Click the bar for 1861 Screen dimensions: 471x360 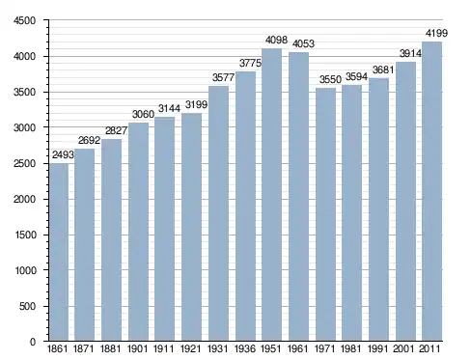pos(59,252)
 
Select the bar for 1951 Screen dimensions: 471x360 pos(272,195)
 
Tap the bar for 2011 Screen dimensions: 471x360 pos(432,191)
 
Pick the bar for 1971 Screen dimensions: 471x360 pos(325,214)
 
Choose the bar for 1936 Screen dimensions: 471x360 pos(245,207)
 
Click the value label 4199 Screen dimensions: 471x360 pos(436,33)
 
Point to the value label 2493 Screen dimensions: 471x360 pos(63,155)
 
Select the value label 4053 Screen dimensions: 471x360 pos(303,43)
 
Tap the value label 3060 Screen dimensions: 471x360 pos(143,114)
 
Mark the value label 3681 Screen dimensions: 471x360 pos(383,69)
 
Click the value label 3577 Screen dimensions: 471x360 pos(223,77)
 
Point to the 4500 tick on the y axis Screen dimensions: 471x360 pos(24,20)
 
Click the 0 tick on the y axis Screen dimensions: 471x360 pos(33,342)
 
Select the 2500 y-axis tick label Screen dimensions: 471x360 pos(24,163)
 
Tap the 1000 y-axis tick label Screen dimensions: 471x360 pos(25,270)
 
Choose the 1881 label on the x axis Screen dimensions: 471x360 pos(110,348)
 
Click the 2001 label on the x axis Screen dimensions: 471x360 pos(403,348)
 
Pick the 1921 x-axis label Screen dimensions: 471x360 pos(190,348)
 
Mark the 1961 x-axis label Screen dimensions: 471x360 pos(297,348)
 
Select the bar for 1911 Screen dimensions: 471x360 pos(164,229)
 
